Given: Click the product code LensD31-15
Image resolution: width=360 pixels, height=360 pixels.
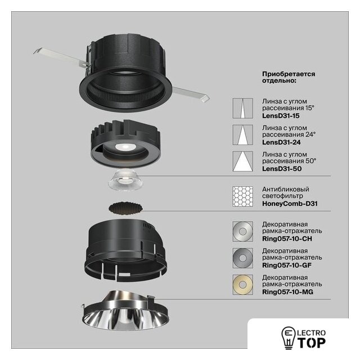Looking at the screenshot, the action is pyautogui.click(x=281, y=116).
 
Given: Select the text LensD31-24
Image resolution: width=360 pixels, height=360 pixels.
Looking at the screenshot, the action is pyautogui.click(x=281, y=142).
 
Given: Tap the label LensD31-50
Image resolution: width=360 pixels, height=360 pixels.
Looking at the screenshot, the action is pyautogui.click(x=282, y=169).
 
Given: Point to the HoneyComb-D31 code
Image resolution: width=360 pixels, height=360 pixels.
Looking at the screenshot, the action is pyautogui.click(x=290, y=204).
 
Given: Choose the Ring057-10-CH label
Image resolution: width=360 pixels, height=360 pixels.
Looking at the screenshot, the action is pyautogui.click(x=287, y=238).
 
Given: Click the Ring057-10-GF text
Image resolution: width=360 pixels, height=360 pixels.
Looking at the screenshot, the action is pyautogui.click(x=287, y=265).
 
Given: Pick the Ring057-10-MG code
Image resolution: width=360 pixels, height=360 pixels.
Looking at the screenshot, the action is pyautogui.click(x=287, y=292).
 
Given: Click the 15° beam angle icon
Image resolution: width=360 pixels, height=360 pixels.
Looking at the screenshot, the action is pyautogui.click(x=242, y=109).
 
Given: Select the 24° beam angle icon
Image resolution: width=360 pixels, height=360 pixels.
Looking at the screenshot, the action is pyautogui.click(x=242, y=135).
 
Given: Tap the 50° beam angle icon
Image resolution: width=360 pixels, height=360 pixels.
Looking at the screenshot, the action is pyautogui.click(x=242, y=161).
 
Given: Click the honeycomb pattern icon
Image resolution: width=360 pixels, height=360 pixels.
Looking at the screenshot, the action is pyautogui.click(x=242, y=196).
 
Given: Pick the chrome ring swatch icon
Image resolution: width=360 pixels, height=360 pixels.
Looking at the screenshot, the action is pyautogui.click(x=242, y=231).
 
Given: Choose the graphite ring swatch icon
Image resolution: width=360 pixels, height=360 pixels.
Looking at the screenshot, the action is pyautogui.click(x=242, y=258).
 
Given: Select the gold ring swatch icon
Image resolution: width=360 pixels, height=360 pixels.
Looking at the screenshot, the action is pyautogui.click(x=242, y=285).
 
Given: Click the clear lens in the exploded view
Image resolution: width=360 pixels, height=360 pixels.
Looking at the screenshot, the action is pyautogui.click(x=124, y=179).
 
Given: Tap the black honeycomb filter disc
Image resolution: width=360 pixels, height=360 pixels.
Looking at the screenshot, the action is pyautogui.click(x=125, y=209).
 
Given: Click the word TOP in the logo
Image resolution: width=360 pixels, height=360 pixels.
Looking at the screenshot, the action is pyautogui.click(x=312, y=343).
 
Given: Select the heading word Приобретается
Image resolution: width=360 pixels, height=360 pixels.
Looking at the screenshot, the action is pyautogui.click(x=289, y=74).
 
